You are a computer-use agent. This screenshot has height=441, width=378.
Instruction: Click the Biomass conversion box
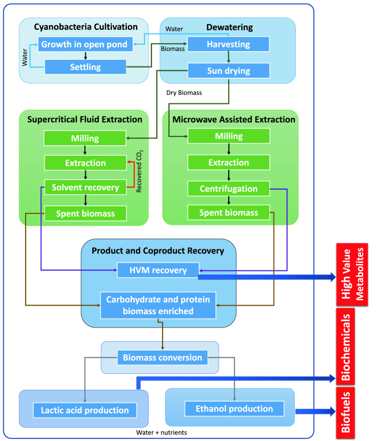(160, 357)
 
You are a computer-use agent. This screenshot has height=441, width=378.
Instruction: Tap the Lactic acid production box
(85, 410)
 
